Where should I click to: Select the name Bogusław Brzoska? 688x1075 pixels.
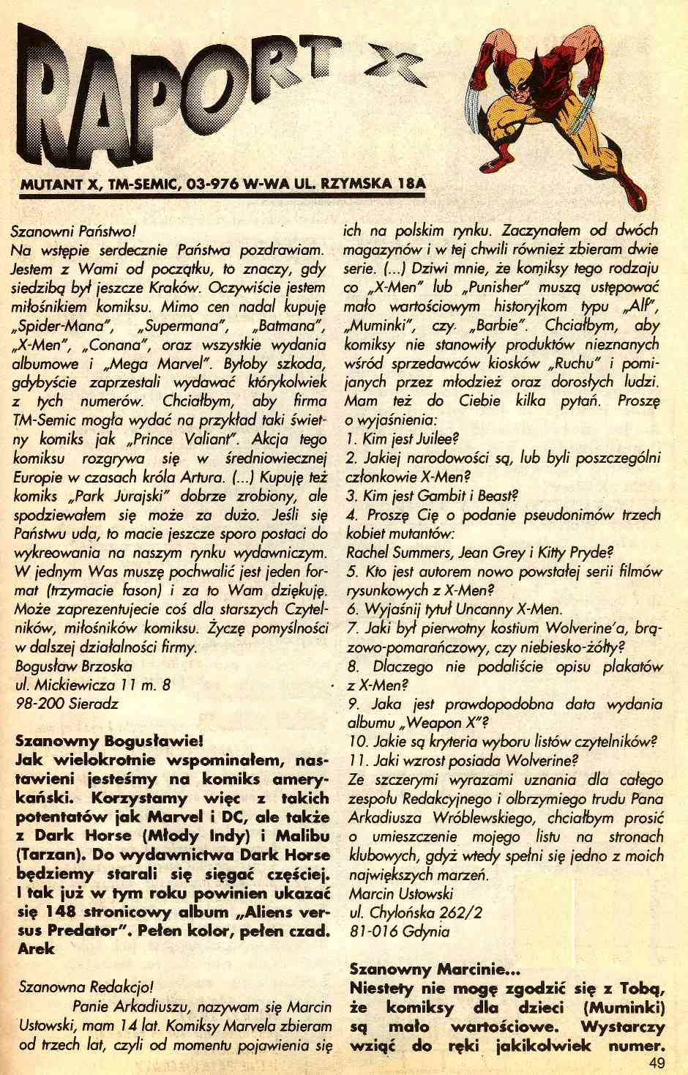point(74,666)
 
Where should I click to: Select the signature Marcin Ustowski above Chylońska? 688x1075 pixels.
point(401,893)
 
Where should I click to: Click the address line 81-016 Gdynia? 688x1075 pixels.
point(400,931)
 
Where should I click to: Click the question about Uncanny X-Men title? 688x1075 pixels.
point(454,609)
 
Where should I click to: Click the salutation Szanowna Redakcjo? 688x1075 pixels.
point(84,987)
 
